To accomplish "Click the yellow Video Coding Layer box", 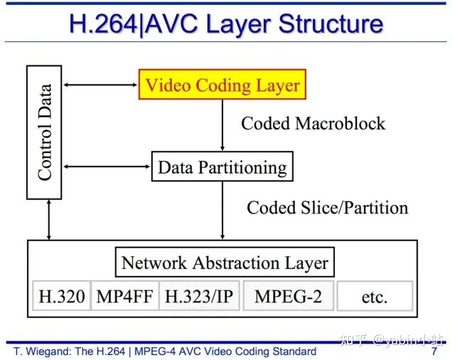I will click(222, 86).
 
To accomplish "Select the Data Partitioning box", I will click(222, 168).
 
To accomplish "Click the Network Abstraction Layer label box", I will click(225, 263).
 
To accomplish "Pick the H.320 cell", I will click(62, 297).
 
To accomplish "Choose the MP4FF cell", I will click(124, 297).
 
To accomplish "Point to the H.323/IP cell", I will click(198, 297).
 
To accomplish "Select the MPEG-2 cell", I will click(287, 297).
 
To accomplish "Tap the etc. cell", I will click(374, 297).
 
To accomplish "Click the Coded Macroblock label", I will click(313, 124).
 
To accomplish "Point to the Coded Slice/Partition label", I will click(327, 208).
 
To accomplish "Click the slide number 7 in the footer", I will click(434, 351).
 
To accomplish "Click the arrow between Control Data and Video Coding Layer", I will click(100, 86).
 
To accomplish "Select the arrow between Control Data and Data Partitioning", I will click(107, 168).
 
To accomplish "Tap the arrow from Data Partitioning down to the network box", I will click(223, 211).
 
